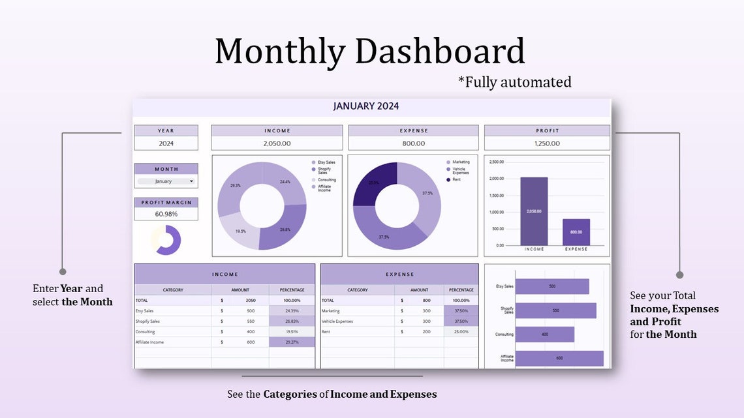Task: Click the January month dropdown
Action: [166, 181]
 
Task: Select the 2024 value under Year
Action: [166, 143]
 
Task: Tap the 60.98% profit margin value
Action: [166, 214]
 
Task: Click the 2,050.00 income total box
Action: [277, 143]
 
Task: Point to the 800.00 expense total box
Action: [413, 143]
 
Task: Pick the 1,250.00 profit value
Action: [547, 143]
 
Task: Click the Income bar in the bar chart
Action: [534, 211]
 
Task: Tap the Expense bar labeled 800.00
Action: [576, 232]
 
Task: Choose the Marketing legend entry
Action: [461, 162]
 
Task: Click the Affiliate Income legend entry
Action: [324, 187]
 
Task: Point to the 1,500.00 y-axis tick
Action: [496, 195]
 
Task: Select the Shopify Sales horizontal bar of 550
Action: [555, 310]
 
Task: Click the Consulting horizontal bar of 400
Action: [544, 335]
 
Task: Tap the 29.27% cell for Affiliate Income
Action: [291, 342]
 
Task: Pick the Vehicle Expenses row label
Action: [337, 321]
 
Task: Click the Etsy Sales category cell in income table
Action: [145, 311]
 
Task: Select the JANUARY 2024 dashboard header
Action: [365, 106]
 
